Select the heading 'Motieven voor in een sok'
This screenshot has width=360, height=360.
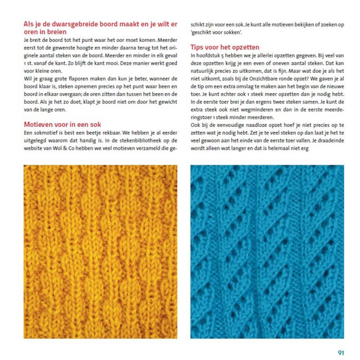[x=62, y=125]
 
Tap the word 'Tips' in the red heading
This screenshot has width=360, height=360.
[x=198, y=47]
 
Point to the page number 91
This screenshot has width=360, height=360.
[x=341, y=352]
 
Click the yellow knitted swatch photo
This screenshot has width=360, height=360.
[x=100, y=251]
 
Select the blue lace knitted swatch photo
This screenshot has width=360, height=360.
[x=267, y=251]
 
